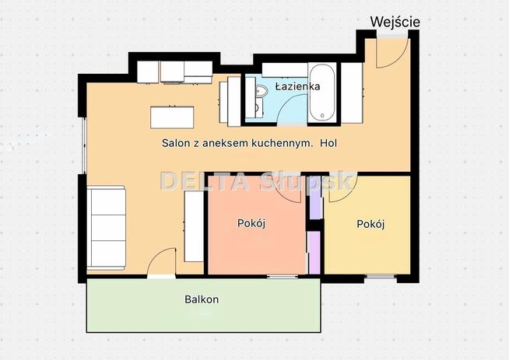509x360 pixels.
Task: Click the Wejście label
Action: [395, 22]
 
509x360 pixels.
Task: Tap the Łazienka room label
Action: [297, 86]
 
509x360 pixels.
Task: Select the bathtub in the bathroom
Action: [322, 93]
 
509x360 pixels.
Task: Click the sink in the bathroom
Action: [261, 92]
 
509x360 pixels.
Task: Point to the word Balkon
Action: [202, 299]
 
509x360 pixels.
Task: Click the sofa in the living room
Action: [106, 227]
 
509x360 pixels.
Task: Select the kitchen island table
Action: [172, 117]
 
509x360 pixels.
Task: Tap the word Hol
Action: [328, 143]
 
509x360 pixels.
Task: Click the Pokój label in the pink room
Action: [251, 223]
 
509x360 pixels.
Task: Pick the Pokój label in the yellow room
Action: [370, 224]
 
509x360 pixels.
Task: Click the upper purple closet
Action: [315, 197]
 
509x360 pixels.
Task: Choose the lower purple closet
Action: [314, 253]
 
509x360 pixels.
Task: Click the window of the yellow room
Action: [380, 277]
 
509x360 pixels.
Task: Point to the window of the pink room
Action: [283, 277]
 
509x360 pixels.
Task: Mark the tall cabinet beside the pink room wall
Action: [194, 226]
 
